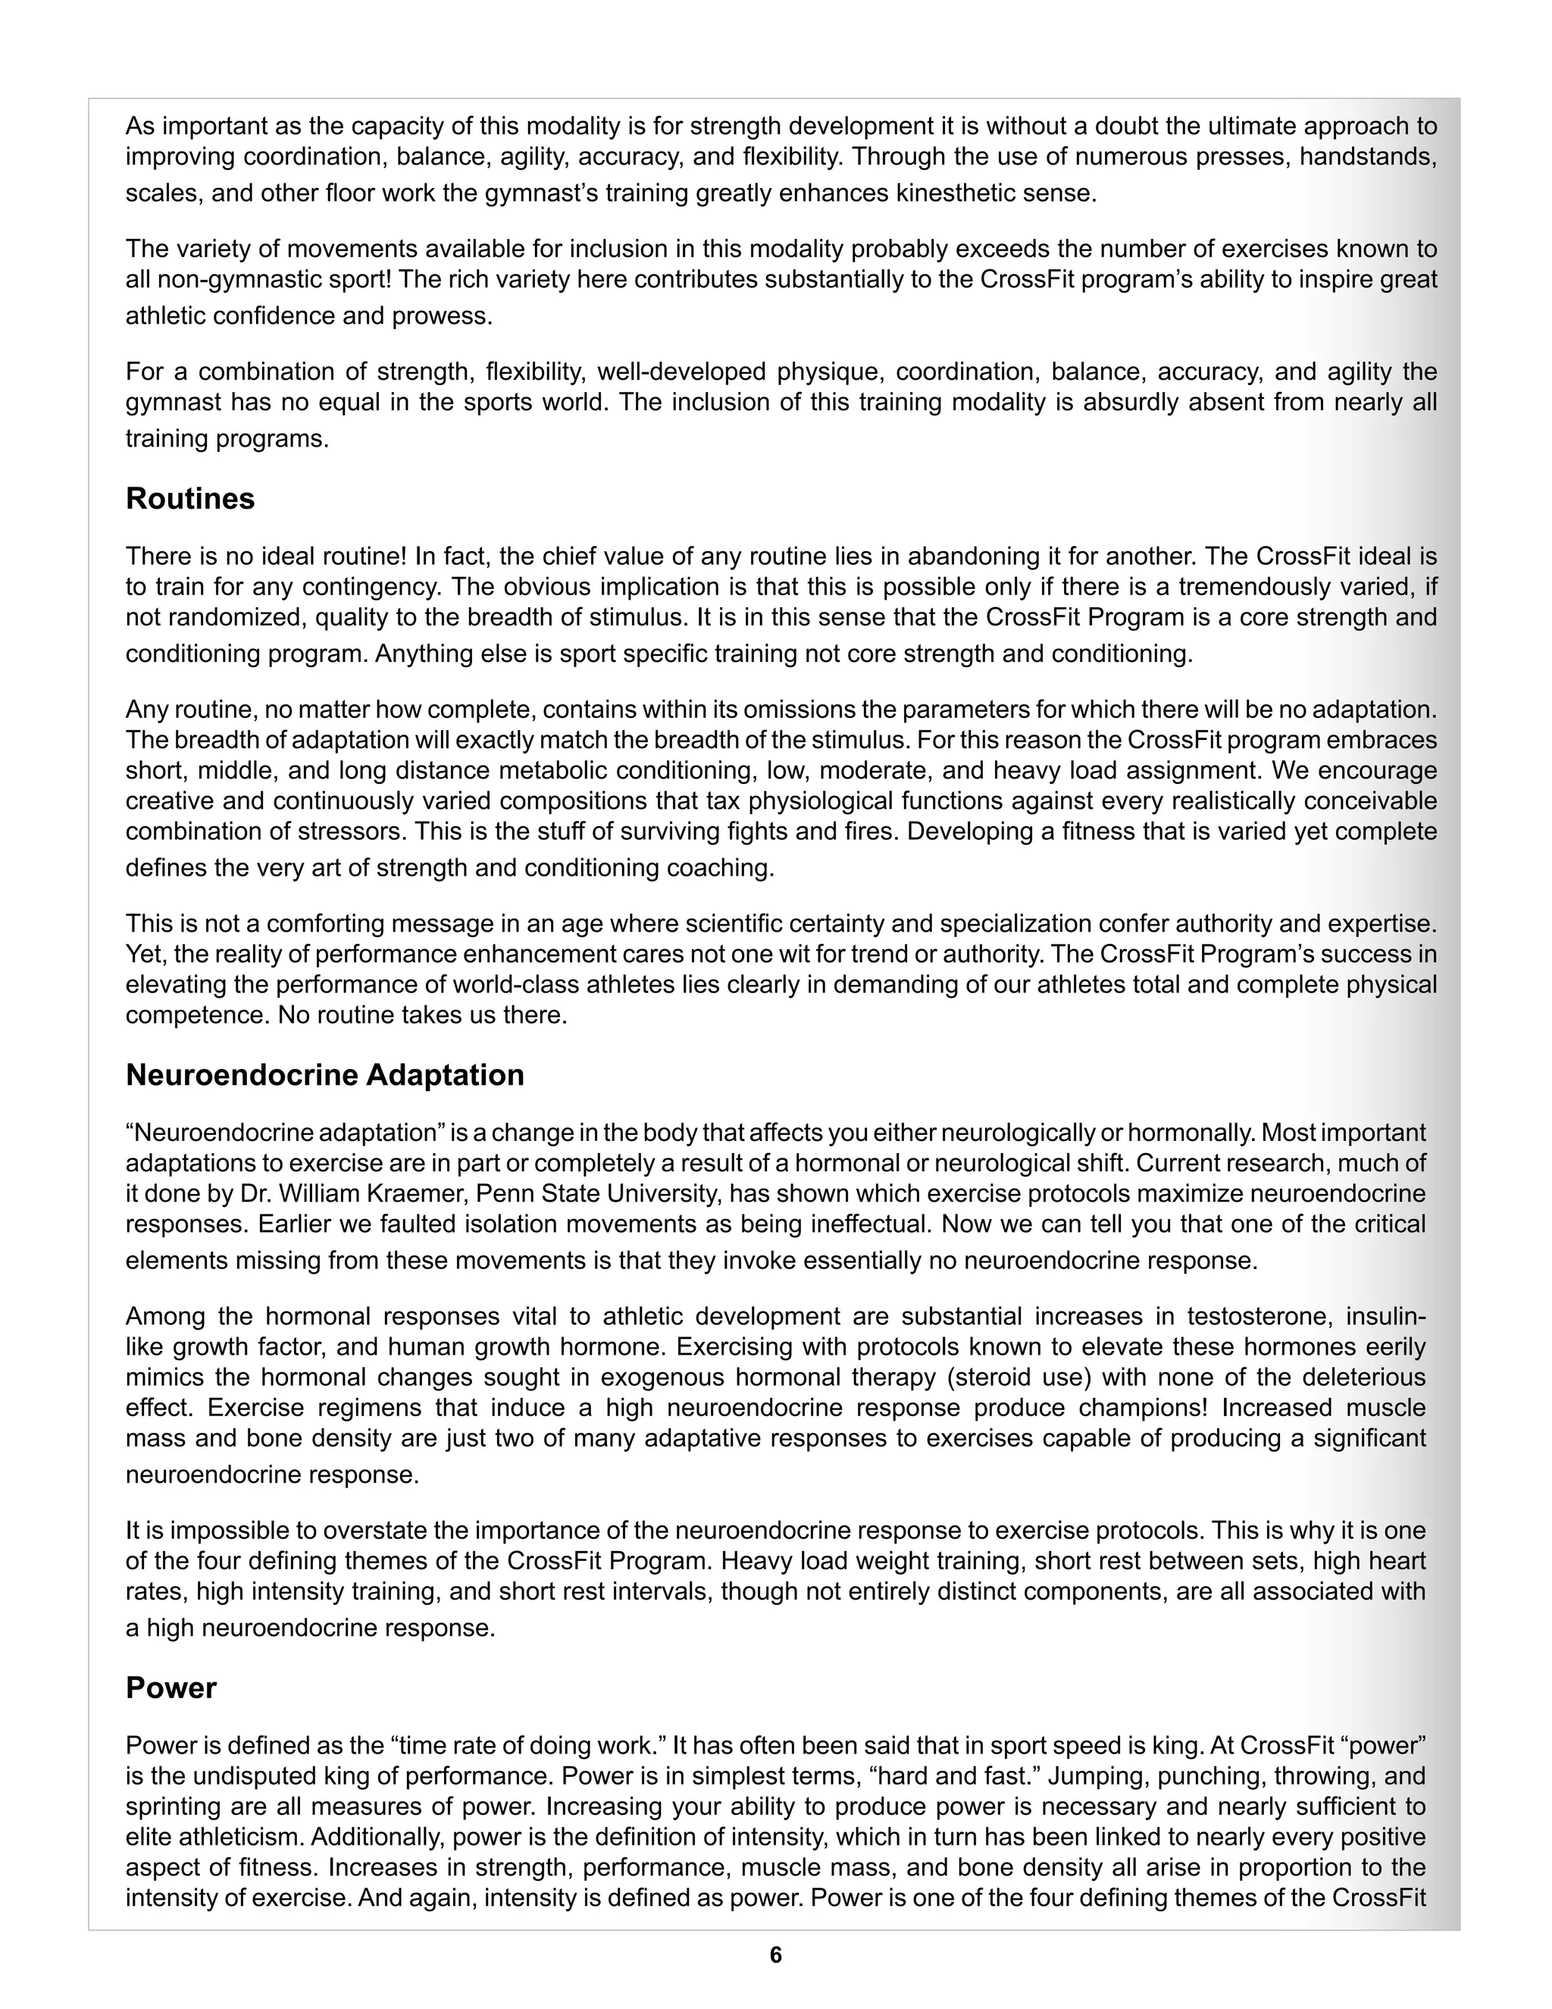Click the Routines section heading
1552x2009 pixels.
pos(189,499)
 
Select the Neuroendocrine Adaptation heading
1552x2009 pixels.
pos(324,1074)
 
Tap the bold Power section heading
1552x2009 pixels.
pos(171,1688)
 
